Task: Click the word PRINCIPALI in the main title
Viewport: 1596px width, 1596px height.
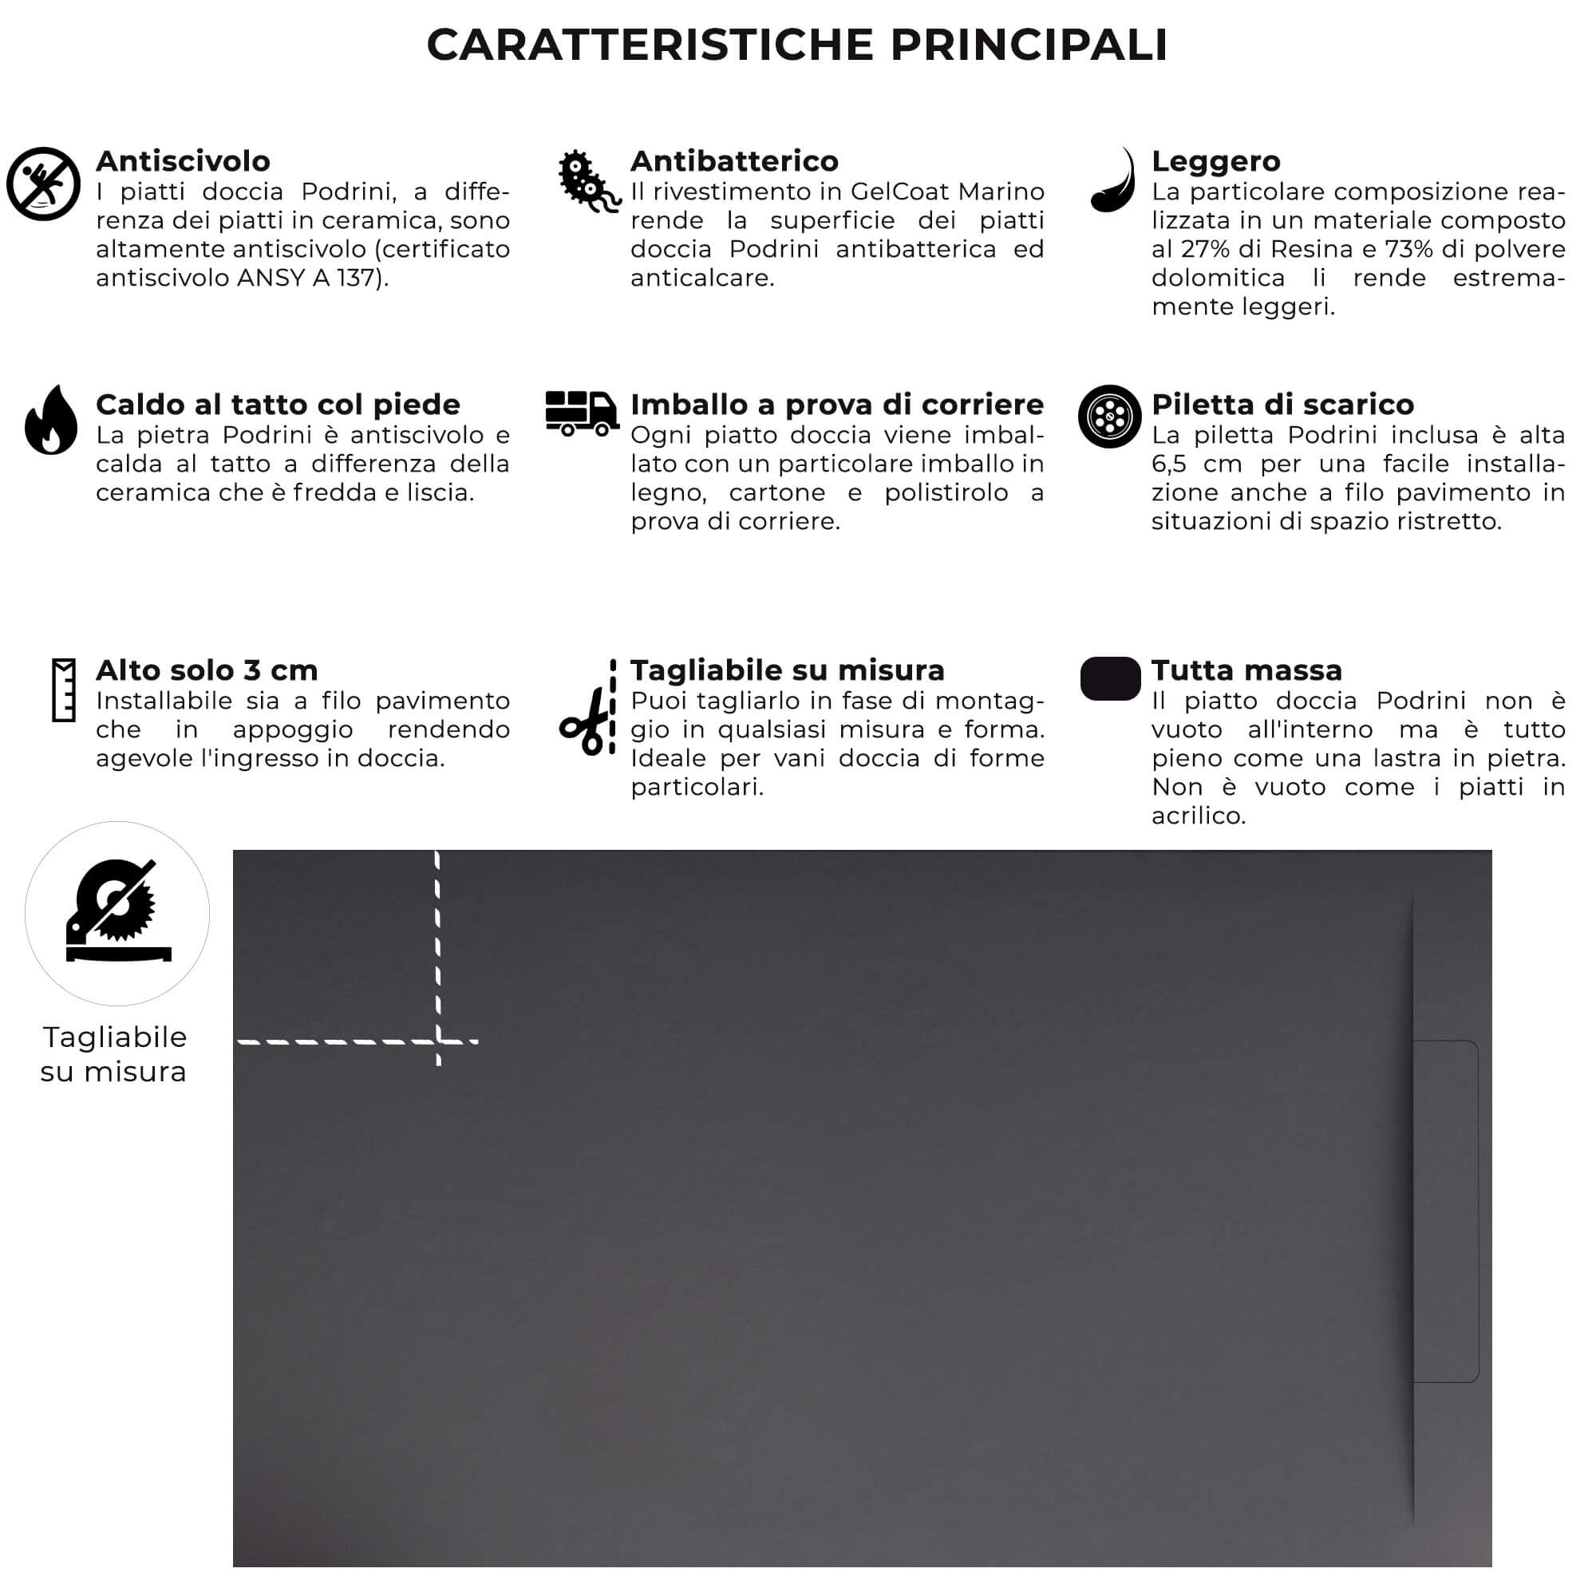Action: (x=1029, y=45)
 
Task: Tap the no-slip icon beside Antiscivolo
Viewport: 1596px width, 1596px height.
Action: (x=43, y=184)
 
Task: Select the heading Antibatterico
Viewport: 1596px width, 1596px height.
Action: (x=733, y=161)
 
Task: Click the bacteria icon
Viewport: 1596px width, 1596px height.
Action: (x=586, y=182)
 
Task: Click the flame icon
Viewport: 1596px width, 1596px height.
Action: (x=51, y=421)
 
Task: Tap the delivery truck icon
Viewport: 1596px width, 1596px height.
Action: (x=582, y=413)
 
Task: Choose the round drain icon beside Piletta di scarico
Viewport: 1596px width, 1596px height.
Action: (x=1109, y=417)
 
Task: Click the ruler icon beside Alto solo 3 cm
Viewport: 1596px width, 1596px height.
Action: (x=64, y=689)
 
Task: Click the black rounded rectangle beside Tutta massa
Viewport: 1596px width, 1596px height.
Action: (x=1110, y=678)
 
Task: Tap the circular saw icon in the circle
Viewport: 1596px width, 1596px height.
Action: (x=117, y=914)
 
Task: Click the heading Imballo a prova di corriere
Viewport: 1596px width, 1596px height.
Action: (x=837, y=405)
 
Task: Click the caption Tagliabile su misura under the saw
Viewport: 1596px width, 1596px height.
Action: (x=114, y=1054)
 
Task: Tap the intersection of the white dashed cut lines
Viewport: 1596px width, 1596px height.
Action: (x=438, y=1041)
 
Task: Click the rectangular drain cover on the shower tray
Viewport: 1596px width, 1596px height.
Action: (x=1445, y=1211)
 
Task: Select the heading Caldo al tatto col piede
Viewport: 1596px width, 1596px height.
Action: (x=278, y=405)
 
